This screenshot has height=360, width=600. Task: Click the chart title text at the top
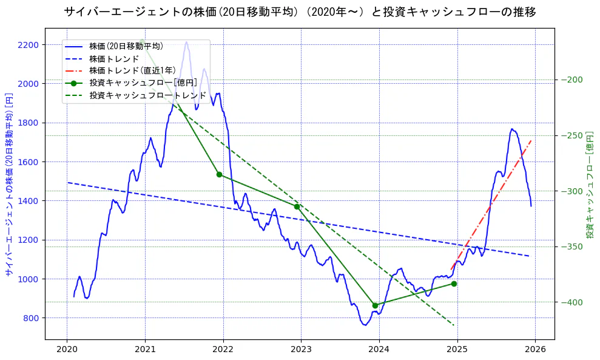click(300, 12)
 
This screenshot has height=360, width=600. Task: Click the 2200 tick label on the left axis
click(28, 45)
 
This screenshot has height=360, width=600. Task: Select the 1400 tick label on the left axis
click(28, 201)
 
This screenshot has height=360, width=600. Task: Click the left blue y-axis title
click(9, 184)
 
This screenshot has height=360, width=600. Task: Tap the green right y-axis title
click(590, 184)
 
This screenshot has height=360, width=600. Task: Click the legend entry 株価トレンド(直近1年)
click(132, 70)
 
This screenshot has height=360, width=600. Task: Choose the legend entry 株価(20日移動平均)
click(126, 46)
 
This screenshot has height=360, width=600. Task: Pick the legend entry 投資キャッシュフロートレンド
click(148, 95)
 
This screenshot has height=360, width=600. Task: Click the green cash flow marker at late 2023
click(375, 305)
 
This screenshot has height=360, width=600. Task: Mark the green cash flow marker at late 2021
click(219, 175)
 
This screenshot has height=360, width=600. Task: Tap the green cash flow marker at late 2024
click(454, 284)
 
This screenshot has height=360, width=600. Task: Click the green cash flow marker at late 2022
click(297, 206)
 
